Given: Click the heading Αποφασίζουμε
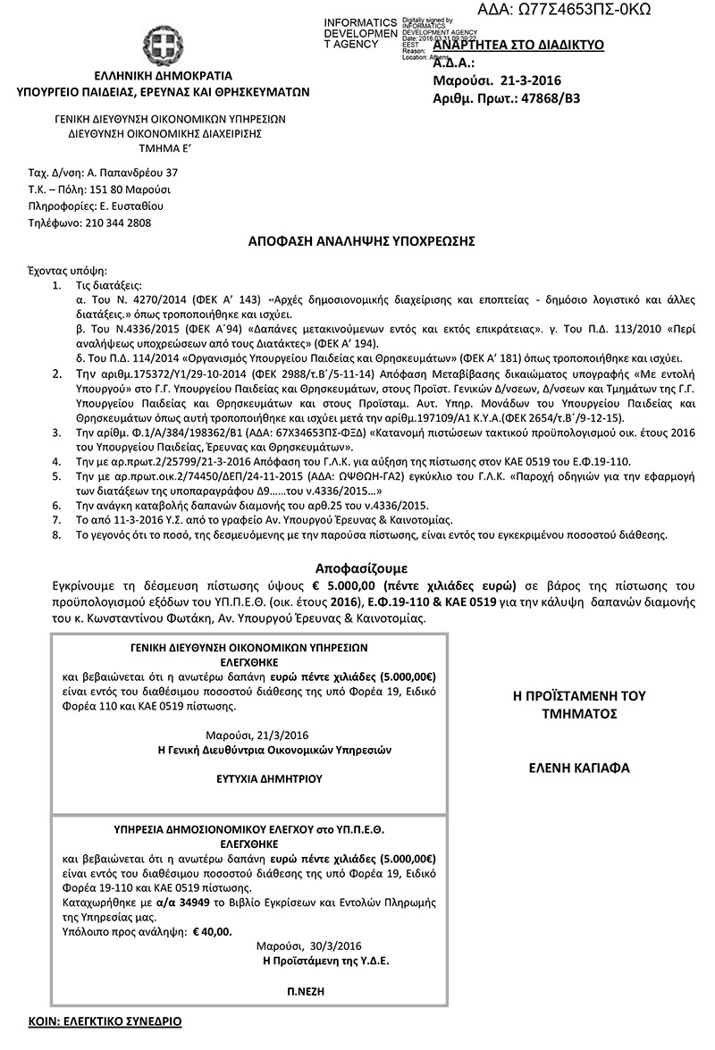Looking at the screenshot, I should (x=361, y=567).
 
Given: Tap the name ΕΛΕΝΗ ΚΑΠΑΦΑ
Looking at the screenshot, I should (x=579, y=768).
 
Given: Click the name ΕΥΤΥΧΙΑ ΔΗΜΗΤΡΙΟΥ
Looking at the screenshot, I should (x=250, y=778).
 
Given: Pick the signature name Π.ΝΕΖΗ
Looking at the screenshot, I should (x=306, y=991).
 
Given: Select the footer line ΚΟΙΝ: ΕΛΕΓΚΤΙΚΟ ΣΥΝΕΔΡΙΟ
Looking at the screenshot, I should (x=104, y=1020).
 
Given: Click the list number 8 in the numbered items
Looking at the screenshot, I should (x=56, y=534).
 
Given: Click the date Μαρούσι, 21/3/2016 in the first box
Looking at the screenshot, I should (x=250, y=734).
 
